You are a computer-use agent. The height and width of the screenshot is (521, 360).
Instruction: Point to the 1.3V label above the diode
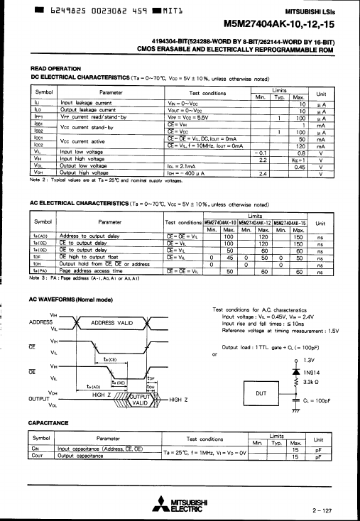[x=309, y=359]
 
